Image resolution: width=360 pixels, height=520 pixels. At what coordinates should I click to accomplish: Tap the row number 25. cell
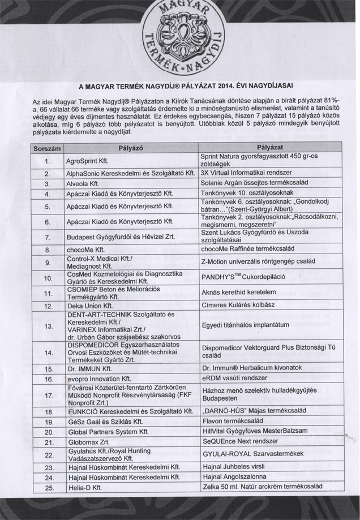pos(48,487)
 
